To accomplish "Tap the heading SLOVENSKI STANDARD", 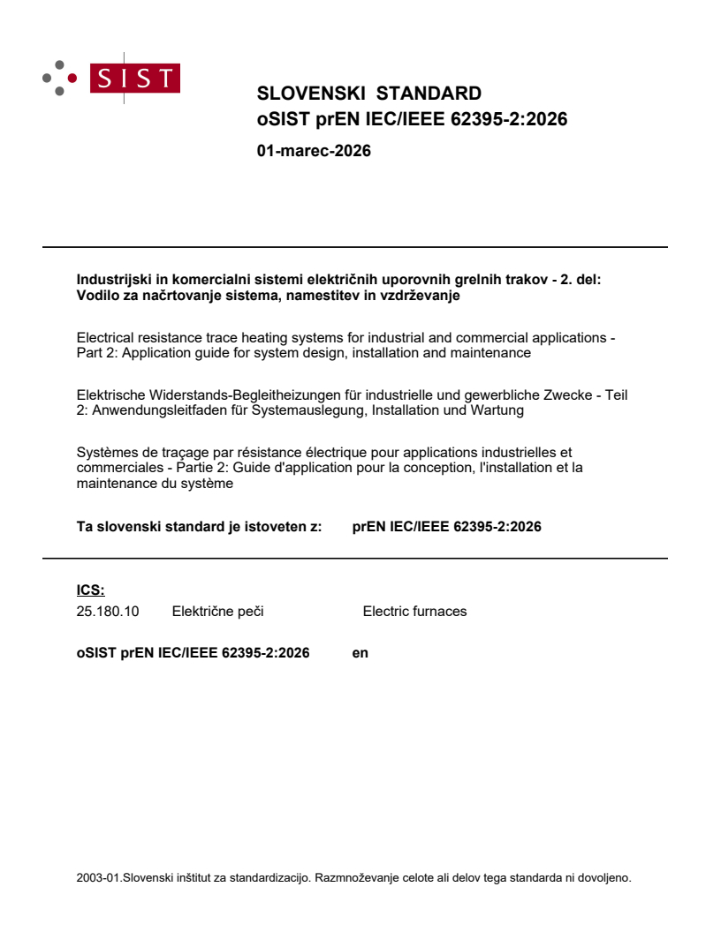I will pos(368,94).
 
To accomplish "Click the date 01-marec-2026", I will pos(313,151).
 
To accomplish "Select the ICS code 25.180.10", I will pos(108,611).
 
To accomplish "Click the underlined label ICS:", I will pos(90,590).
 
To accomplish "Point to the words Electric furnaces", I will pos(414,611).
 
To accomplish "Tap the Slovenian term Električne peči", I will pos(217,611).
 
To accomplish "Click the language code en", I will pos(360,653).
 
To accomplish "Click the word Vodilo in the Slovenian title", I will pos(97,297).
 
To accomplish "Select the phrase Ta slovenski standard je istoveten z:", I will pos(199,527).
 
